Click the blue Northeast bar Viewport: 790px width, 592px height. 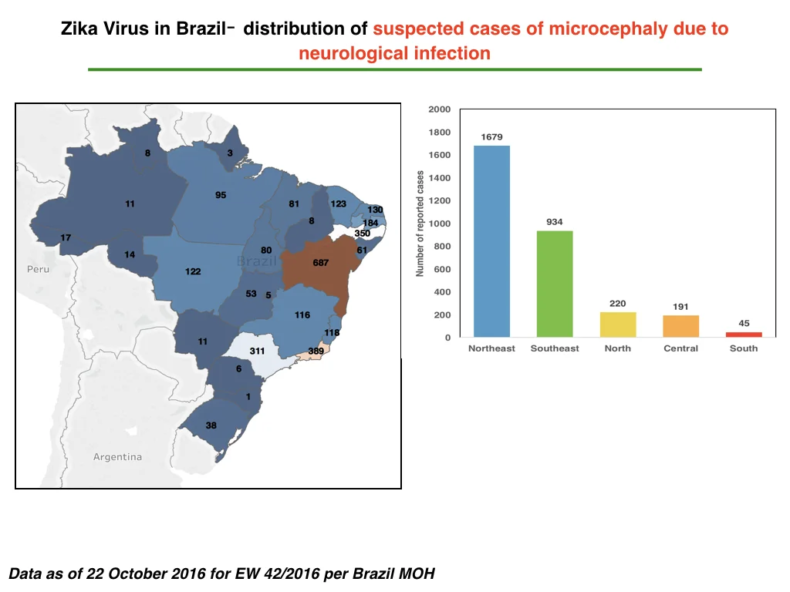tap(491, 241)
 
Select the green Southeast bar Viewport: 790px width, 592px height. tap(555, 284)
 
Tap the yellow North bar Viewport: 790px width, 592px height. tap(618, 325)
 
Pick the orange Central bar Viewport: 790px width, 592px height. tap(680, 326)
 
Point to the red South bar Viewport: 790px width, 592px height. tap(744, 335)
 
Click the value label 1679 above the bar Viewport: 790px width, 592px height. tap(491, 137)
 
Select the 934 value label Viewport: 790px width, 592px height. tap(555, 222)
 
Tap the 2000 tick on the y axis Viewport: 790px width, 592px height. tap(439, 109)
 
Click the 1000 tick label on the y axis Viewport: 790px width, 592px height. tap(439, 224)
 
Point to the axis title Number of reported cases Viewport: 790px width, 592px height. tap(420, 224)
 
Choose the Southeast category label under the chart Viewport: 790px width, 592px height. tap(555, 348)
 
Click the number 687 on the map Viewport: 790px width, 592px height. tap(320, 263)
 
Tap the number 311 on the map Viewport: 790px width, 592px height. tap(257, 351)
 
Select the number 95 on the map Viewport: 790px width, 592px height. tap(221, 195)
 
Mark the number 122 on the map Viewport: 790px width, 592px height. tap(193, 271)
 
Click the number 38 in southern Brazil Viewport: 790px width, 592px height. tap(211, 425)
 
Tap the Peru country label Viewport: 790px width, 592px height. tap(39, 269)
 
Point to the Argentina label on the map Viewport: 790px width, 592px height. tap(117, 457)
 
